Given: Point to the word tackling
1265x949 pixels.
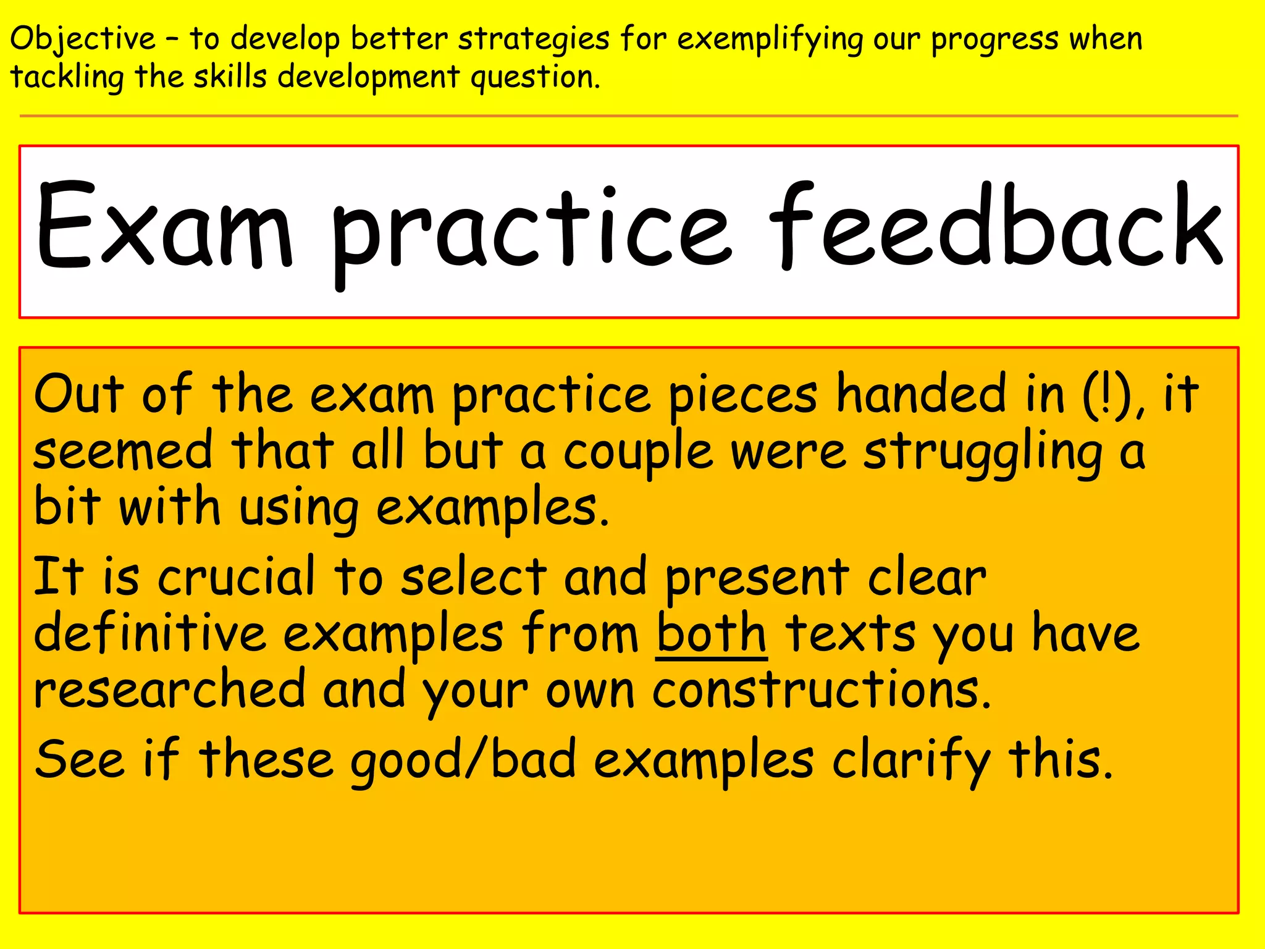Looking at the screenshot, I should pos(67,78).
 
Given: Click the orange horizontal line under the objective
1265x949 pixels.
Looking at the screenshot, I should pos(629,116).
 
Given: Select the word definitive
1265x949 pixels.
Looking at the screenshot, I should pos(150,633).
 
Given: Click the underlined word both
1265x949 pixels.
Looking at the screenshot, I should pos(711,633).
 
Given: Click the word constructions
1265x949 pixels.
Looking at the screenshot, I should pos(822,690).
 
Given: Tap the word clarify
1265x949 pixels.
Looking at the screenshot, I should pos(911,760).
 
